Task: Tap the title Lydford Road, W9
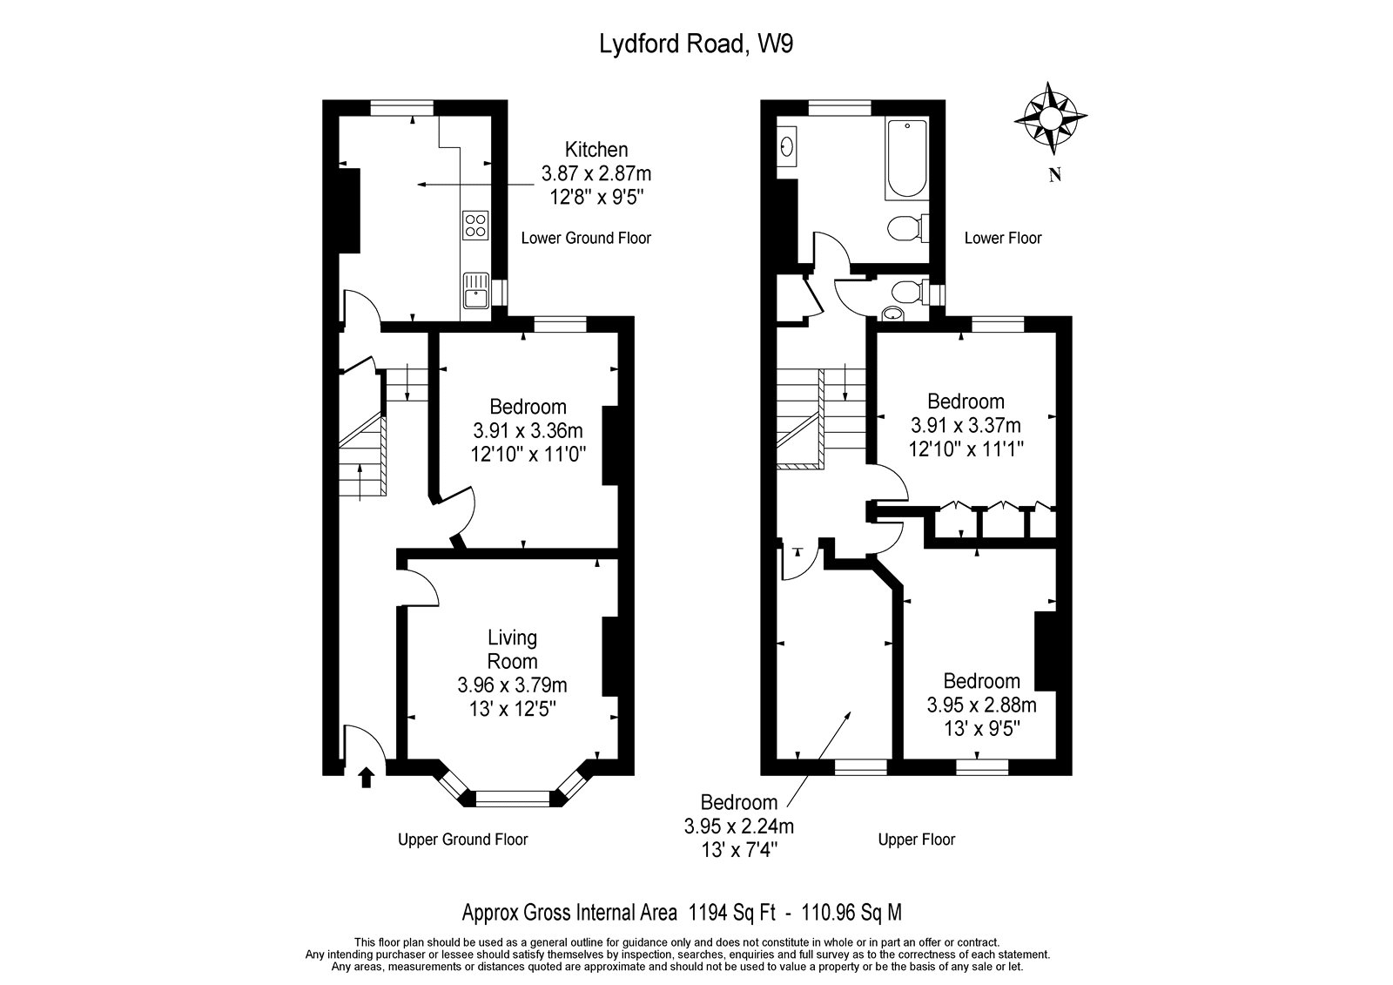[x=696, y=44]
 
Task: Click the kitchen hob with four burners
[x=474, y=226]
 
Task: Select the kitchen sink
[x=476, y=291]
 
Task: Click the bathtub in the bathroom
[x=906, y=159]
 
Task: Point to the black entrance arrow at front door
[x=366, y=777]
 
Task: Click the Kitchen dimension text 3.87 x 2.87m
[x=596, y=172]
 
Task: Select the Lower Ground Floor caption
[x=585, y=238]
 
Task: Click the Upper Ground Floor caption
[x=462, y=840]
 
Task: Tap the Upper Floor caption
[x=916, y=840]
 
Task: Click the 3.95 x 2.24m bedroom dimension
[x=738, y=826]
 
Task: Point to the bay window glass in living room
[x=513, y=795]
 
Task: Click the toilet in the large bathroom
[x=905, y=228]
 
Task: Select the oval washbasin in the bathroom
[x=788, y=145]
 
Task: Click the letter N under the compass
[x=1054, y=176]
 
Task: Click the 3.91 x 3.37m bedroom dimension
[x=966, y=425]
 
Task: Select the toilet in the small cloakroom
[x=905, y=292]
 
